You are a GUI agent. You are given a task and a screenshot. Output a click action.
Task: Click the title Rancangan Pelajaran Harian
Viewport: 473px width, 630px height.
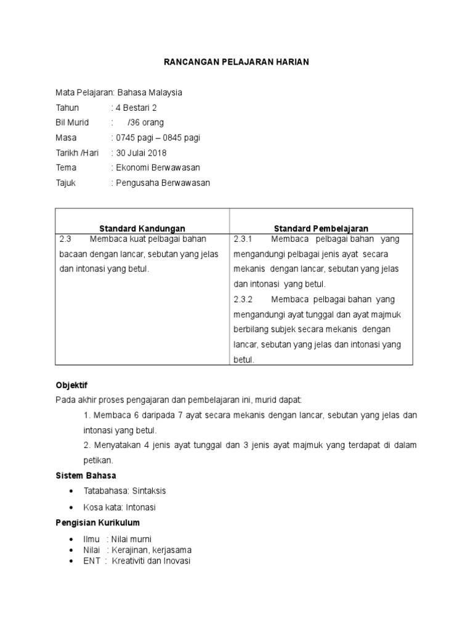[x=235, y=62]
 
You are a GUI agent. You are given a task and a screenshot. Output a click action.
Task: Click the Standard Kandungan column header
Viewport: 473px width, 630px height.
[x=142, y=228]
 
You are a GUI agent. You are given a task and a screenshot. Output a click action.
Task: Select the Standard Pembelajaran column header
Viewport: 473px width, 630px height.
[x=321, y=228]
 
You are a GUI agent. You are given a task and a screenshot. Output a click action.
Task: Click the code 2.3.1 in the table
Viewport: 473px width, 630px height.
[x=244, y=239]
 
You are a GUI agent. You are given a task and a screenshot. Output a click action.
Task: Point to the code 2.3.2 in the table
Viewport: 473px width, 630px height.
[x=244, y=299]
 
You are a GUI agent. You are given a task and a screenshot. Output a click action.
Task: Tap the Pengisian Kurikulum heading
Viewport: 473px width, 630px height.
[x=97, y=522]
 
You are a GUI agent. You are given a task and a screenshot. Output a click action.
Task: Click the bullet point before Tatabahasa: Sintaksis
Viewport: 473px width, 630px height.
[x=73, y=491]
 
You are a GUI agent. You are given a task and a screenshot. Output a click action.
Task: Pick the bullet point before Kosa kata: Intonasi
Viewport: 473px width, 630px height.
[x=73, y=508]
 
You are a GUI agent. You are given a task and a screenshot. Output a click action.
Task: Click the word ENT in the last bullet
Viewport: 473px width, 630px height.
[x=91, y=561]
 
